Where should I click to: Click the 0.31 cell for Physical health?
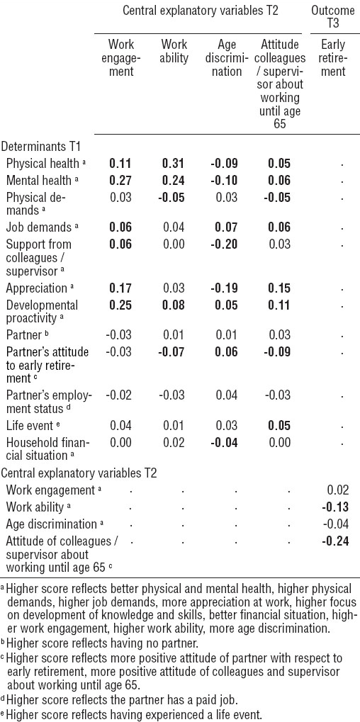click(x=175, y=164)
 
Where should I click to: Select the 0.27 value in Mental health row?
click(x=121, y=180)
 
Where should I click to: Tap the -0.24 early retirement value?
click(x=334, y=541)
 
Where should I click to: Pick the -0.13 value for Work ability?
click(x=334, y=507)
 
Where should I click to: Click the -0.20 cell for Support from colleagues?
click(x=225, y=244)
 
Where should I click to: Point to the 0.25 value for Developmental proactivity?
click(x=121, y=305)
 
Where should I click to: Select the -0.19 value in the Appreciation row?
click(x=225, y=288)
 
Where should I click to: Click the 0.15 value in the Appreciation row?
click(x=280, y=288)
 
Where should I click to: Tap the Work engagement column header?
click(x=121, y=58)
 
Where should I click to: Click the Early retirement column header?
click(x=334, y=58)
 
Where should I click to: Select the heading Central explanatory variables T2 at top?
click(x=201, y=11)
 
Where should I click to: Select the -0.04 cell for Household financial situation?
click(x=225, y=443)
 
